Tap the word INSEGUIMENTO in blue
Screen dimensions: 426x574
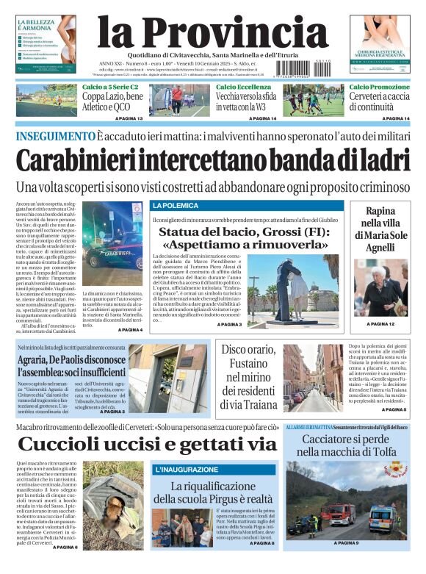[55, 136]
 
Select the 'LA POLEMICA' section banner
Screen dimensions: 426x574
[176, 206]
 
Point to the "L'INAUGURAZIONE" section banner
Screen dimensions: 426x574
[181, 469]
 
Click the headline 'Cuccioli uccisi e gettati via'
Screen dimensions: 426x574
[147, 444]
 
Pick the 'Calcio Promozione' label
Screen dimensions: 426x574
[380, 87]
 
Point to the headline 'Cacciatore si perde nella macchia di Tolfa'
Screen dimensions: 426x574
[346, 445]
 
